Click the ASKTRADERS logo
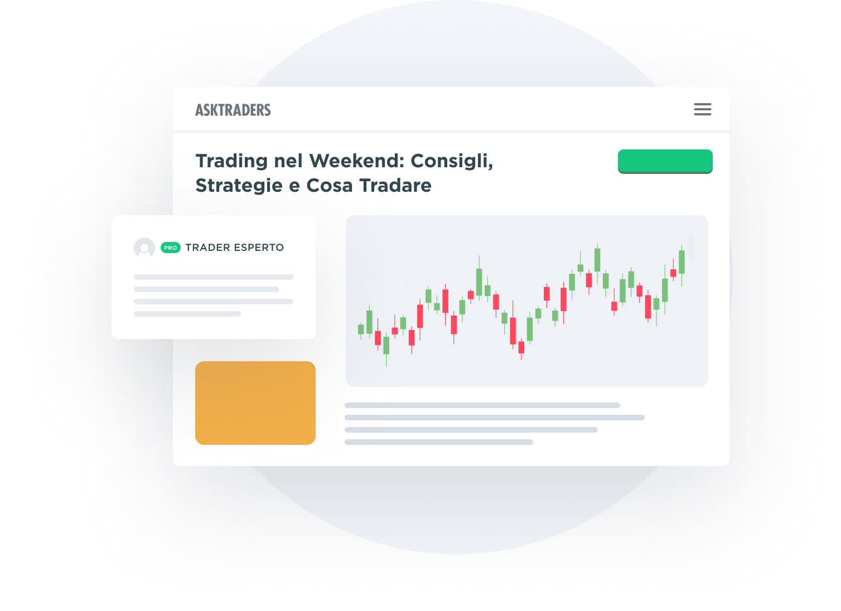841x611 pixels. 233,110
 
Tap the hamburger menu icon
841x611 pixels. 702,109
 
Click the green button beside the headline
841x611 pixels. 665,161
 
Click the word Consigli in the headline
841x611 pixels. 451,161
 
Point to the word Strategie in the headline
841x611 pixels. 239,186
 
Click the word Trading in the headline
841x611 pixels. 231,161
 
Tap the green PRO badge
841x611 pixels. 171,248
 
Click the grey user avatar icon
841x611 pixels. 144,248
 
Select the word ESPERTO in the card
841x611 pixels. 259,248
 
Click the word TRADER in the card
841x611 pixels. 207,248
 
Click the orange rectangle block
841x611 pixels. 255,403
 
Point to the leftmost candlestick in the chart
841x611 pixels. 361,329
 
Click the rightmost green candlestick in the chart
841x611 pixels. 681,261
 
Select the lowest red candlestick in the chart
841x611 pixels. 521,347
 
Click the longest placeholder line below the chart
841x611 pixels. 494,418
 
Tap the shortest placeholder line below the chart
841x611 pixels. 438,442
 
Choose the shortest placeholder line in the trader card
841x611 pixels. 187,314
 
